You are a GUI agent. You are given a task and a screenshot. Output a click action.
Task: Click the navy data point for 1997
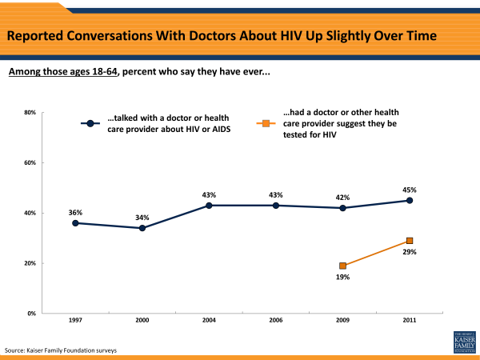click(76, 223)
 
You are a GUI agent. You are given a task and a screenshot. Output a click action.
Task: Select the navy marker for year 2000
click(142, 228)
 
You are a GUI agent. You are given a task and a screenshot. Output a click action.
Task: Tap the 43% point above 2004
click(210, 206)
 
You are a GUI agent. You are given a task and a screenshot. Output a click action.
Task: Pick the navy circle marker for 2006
click(276, 206)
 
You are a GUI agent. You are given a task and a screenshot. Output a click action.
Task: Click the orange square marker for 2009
click(343, 266)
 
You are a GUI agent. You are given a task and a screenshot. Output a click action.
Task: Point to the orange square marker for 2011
click(410, 241)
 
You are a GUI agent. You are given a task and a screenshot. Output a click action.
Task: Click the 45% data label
click(410, 190)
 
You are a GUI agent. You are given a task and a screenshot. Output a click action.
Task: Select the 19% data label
click(343, 277)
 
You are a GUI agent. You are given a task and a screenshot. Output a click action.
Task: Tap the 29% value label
click(410, 252)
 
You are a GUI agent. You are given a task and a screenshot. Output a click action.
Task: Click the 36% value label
click(76, 212)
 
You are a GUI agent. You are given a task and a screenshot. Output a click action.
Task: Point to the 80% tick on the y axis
click(29, 112)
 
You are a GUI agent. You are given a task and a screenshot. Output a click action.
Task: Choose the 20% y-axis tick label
click(29, 263)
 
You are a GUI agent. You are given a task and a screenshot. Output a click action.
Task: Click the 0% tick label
click(30, 314)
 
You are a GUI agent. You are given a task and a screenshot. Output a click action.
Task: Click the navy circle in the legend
click(91, 123)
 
